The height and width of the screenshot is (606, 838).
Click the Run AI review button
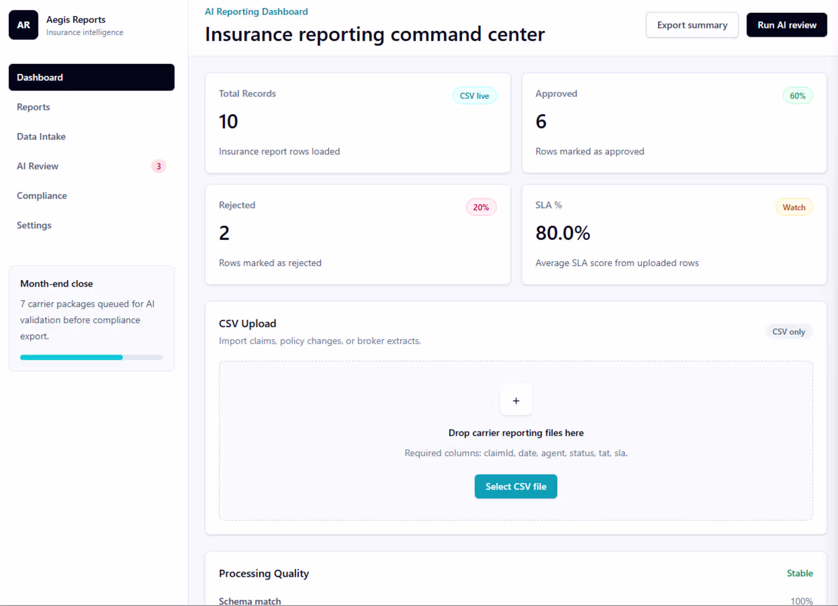[x=787, y=25]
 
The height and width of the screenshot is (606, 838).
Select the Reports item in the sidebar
[x=34, y=107]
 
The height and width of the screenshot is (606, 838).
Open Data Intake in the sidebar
[x=41, y=136]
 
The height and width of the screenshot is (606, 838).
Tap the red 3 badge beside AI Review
[x=159, y=166]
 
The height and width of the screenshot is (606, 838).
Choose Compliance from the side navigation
[x=42, y=196]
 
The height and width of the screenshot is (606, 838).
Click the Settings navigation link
[x=34, y=225]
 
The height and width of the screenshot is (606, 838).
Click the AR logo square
[x=23, y=25]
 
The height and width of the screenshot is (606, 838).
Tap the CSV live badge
[x=474, y=96]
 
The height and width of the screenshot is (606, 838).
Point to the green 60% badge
[x=798, y=96]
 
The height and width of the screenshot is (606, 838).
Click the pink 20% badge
[x=481, y=207]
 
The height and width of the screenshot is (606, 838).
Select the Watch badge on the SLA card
[x=794, y=207]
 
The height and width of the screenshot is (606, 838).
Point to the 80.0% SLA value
[x=563, y=233]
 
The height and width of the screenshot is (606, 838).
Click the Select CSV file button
[x=516, y=486]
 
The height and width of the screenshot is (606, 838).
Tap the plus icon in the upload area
[x=516, y=401]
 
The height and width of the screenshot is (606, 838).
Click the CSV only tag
[x=789, y=332]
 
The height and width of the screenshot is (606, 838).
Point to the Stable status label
[x=800, y=574]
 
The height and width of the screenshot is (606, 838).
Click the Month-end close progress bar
[x=92, y=357]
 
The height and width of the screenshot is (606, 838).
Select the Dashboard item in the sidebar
[x=92, y=78]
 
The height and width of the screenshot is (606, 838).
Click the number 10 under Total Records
[x=228, y=122]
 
